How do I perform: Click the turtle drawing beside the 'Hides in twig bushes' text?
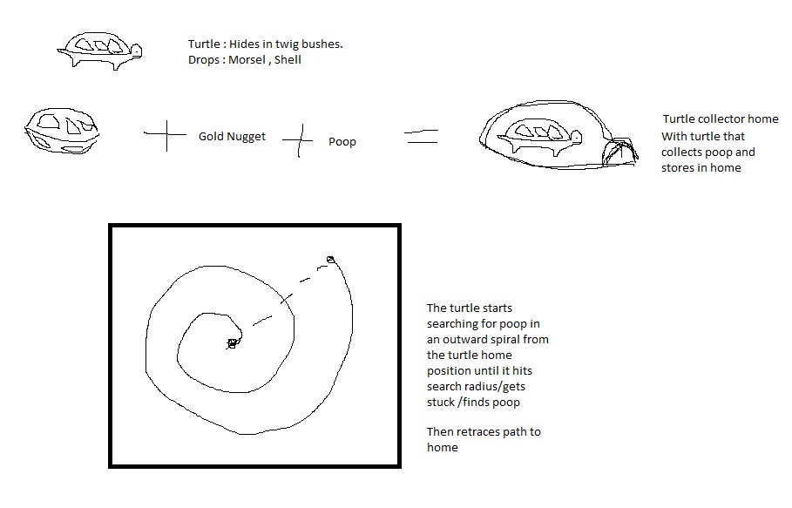(x=99, y=51)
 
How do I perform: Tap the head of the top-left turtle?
(x=136, y=51)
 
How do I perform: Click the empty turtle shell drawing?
(x=62, y=131)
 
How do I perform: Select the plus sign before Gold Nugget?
(x=166, y=135)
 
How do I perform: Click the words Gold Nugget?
(x=232, y=136)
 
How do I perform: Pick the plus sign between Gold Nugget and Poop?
(x=299, y=140)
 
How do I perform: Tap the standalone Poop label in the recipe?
(x=342, y=142)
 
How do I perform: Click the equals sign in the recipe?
(x=421, y=136)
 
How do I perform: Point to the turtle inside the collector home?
(x=539, y=136)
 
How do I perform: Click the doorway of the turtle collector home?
(x=619, y=152)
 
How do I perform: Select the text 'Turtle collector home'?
(x=721, y=119)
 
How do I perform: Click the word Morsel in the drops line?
(x=247, y=59)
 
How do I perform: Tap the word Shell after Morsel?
(x=288, y=59)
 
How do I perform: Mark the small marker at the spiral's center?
(x=232, y=344)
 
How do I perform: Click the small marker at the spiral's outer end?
(x=330, y=260)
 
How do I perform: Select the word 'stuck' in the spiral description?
(x=441, y=403)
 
